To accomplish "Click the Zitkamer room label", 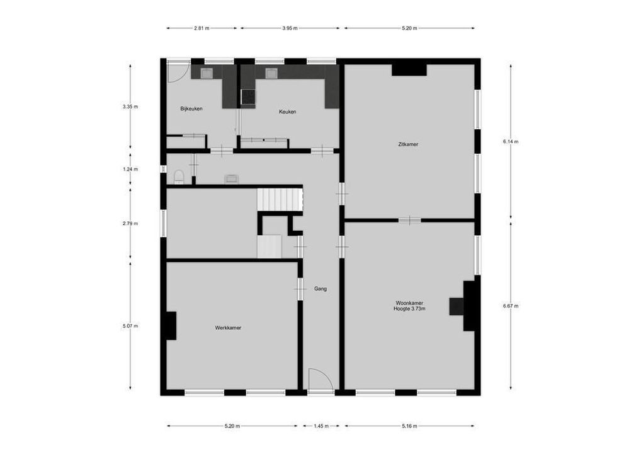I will [x=408, y=144].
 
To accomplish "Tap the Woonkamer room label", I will [x=409, y=302].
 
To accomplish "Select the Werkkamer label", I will [x=228, y=328].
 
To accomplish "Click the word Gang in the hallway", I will [x=320, y=289].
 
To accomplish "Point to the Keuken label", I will [x=287, y=112].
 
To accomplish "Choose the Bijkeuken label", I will [x=191, y=108].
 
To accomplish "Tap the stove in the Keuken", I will [x=248, y=96].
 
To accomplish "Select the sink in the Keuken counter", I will [x=272, y=73].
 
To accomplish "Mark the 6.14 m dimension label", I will [x=510, y=142].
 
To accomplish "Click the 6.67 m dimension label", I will [x=510, y=306].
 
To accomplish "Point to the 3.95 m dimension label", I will [x=290, y=28].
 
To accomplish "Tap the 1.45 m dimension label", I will [x=321, y=426].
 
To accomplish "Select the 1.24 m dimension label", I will [x=130, y=169].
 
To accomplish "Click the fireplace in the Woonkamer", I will [x=457, y=306].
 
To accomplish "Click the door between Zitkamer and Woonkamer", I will [x=409, y=220].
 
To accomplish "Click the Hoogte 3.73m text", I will [x=409, y=309].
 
